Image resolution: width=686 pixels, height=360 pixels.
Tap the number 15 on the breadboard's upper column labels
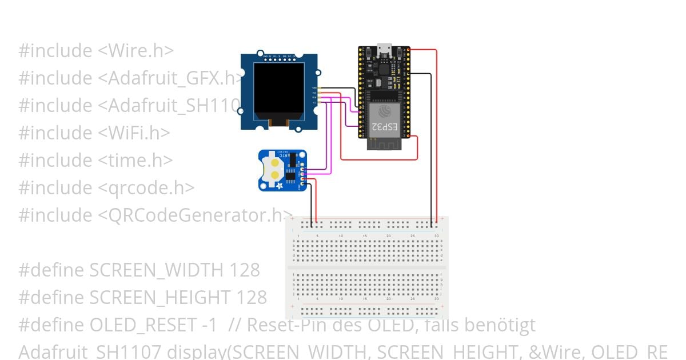pos(364,235)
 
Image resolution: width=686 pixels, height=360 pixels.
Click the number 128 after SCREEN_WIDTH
pos(245,270)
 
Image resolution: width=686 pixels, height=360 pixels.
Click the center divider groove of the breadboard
pos(366,267)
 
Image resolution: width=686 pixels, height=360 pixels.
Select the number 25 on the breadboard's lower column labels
pos(412,298)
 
